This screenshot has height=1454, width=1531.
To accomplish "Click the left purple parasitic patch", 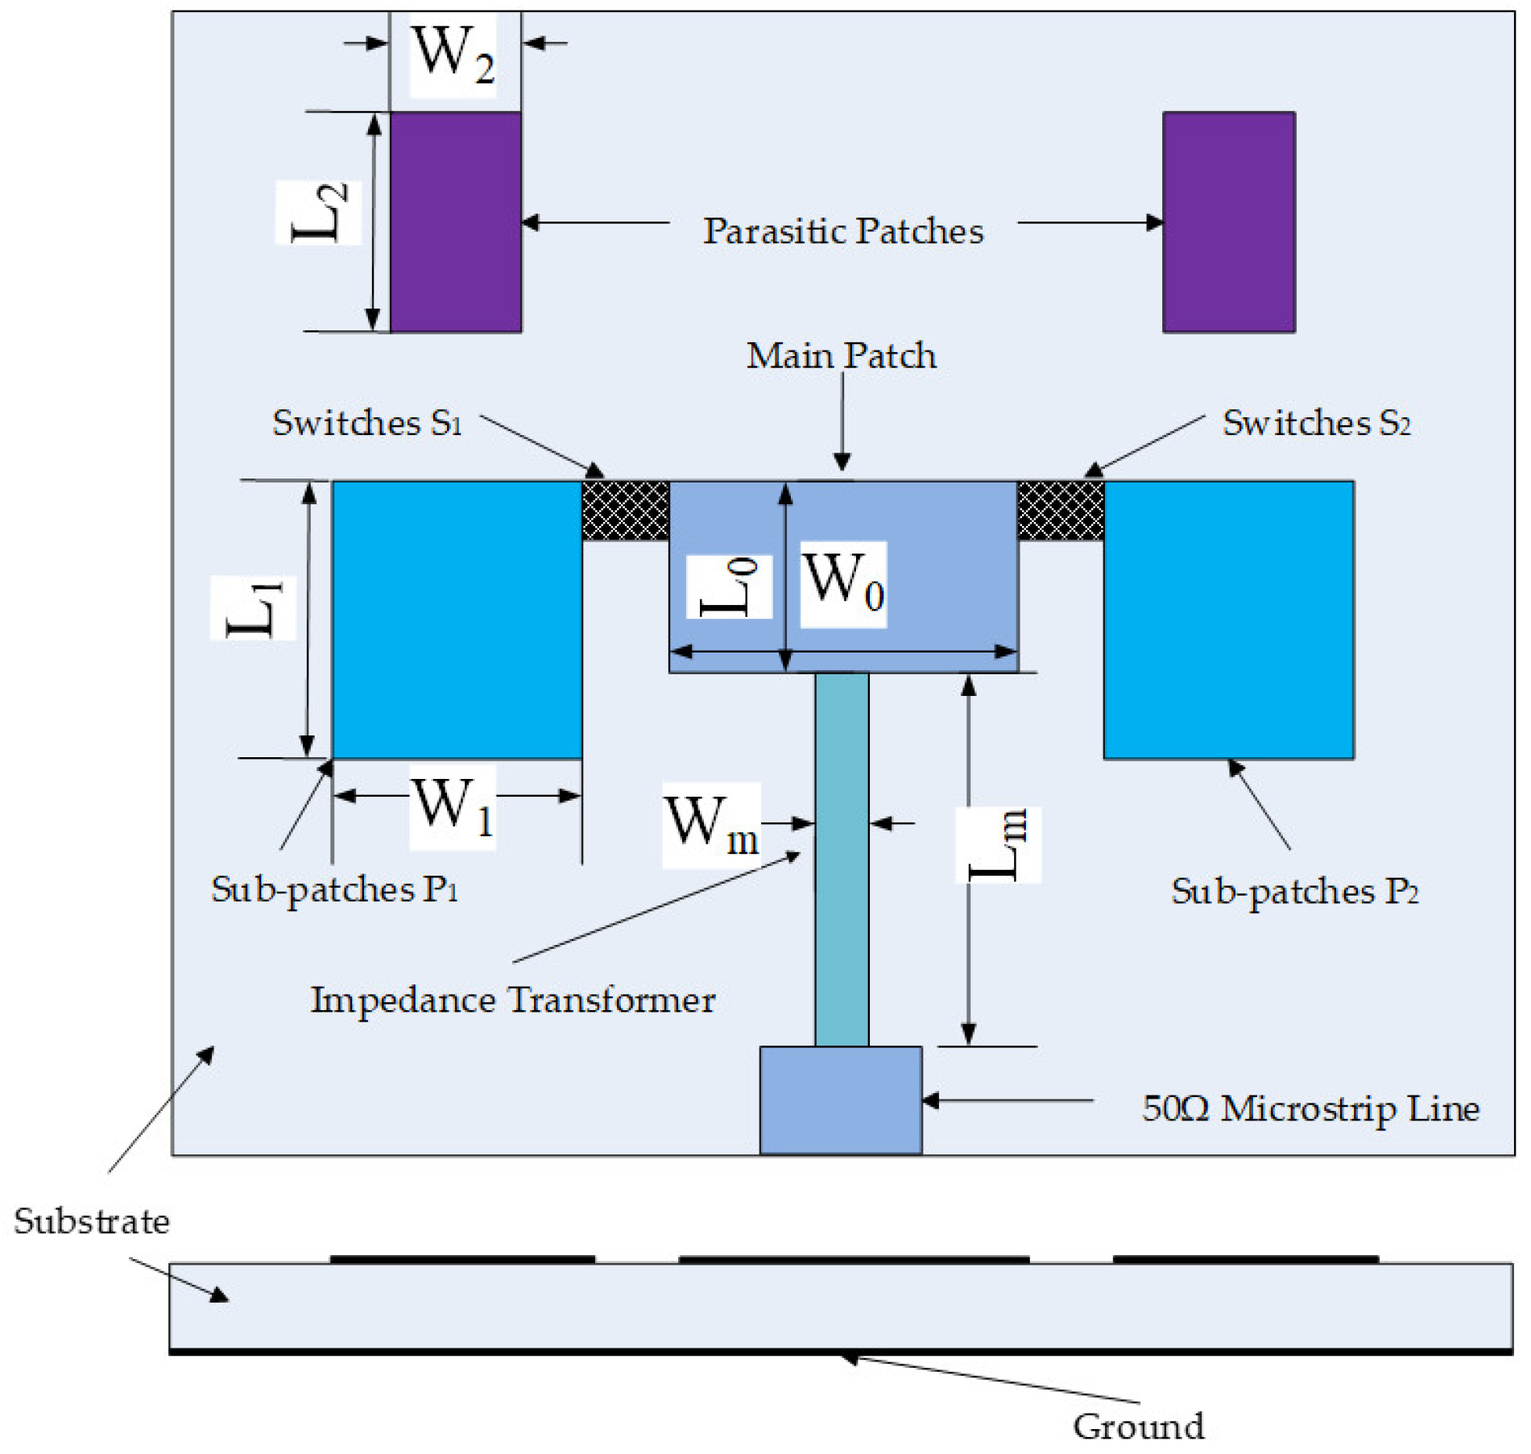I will [x=456, y=222].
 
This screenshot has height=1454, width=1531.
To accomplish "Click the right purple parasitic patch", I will [x=1229, y=222].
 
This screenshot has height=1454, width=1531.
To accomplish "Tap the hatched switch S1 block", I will [x=625, y=511].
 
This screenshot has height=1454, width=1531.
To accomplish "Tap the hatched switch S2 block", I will [x=1061, y=511].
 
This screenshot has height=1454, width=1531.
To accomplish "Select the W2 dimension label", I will [x=453, y=55].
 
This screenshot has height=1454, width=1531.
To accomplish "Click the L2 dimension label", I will [x=318, y=213].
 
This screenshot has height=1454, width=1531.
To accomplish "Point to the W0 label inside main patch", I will [x=843, y=584].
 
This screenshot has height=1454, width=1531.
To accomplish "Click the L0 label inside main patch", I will [x=729, y=587].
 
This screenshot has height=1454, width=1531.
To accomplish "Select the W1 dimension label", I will [x=452, y=807].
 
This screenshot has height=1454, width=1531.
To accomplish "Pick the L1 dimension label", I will [x=253, y=608].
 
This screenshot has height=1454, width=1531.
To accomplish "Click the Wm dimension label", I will [x=711, y=826].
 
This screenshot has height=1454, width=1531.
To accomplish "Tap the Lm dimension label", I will [x=998, y=845].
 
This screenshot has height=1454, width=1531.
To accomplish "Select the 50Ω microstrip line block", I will [x=841, y=1100].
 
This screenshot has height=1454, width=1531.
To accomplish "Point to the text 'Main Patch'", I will [x=841, y=356].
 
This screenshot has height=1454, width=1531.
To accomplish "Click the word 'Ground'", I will [x=1139, y=1427].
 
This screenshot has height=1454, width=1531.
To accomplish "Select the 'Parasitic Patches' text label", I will [x=843, y=232].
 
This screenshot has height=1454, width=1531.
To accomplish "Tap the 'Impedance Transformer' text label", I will [x=513, y=1000].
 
